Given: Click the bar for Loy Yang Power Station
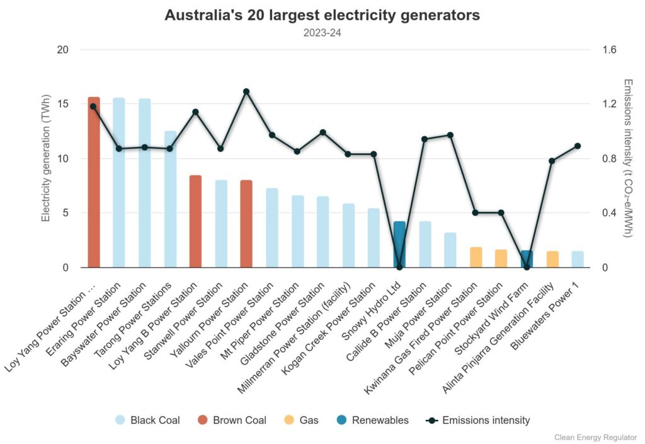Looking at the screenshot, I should tap(94, 182).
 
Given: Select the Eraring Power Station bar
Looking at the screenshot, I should tap(119, 183).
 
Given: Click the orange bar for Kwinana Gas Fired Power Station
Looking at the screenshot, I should tap(476, 257).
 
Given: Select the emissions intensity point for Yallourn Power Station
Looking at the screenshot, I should tap(246, 91).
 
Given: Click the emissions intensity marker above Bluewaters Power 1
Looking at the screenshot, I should tap(578, 146).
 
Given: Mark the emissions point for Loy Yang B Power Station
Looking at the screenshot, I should tap(195, 112).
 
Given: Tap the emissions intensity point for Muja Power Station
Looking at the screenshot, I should tap(450, 135).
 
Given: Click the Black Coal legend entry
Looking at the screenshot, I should tap(147, 420).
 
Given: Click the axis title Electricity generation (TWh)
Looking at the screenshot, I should tap(45, 158).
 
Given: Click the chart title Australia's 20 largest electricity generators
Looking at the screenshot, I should tap(322, 15).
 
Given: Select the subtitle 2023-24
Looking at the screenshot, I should tap(322, 31).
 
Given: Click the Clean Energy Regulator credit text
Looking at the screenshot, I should tap(596, 436).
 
